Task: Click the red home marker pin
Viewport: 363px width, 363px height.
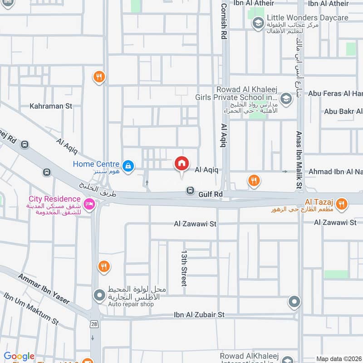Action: coord(181,163)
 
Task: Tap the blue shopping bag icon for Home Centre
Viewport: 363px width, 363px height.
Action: coord(129,165)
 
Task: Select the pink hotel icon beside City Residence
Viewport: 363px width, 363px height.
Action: coord(89,204)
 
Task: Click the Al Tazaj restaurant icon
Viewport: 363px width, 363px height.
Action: coord(343,204)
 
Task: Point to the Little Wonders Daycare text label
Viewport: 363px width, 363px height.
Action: coord(307,18)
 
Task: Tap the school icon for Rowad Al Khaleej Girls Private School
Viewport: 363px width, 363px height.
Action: coord(286,98)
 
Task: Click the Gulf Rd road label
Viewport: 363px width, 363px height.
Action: coord(211,194)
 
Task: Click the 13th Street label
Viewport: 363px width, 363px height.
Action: coord(184,267)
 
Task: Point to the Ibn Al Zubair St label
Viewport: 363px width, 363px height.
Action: coord(199,314)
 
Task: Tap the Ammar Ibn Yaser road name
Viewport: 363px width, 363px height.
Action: coord(44,289)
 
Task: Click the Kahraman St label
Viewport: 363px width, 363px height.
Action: coord(51,106)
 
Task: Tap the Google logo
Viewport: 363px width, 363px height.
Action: coord(19,357)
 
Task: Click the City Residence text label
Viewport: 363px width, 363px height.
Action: coord(54,199)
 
